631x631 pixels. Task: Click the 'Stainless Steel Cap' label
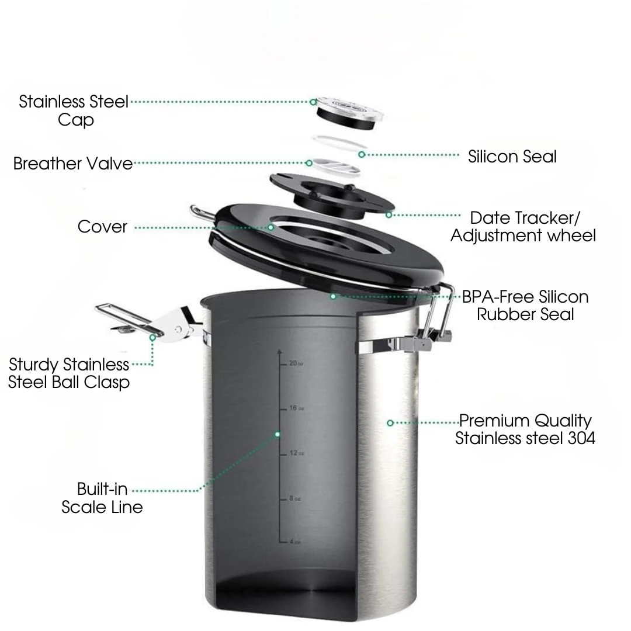pyautogui.click(x=74, y=110)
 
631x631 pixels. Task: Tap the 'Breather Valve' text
pyautogui.click(x=73, y=164)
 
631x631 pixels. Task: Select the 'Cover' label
pyautogui.click(x=102, y=227)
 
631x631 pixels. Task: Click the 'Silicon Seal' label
pyautogui.click(x=512, y=157)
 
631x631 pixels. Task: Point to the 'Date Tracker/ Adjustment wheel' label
pyautogui.click(x=524, y=227)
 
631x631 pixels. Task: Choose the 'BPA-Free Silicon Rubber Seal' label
pyautogui.click(x=525, y=305)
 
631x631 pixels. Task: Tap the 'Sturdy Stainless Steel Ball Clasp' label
pyautogui.click(x=69, y=373)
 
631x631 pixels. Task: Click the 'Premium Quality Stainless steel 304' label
pyautogui.click(x=525, y=429)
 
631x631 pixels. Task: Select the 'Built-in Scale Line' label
pyautogui.click(x=102, y=497)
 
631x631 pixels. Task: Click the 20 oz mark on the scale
pyautogui.click(x=295, y=363)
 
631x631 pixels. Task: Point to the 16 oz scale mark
pyautogui.click(x=295, y=408)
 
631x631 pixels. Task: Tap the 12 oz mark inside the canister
pyautogui.click(x=295, y=453)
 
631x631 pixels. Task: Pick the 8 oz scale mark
pyautogui.click(x=294, y=498)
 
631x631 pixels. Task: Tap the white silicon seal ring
pyautogui.click(x=339, y=142)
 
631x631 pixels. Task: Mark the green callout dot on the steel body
pyautogui.click(x=390, y=422)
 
